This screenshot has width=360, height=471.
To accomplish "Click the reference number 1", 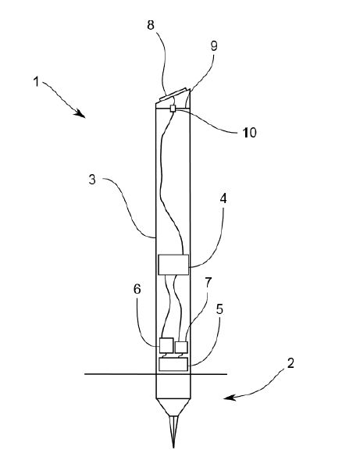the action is point(36,82).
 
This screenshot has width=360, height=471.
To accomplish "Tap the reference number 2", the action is point(290,363).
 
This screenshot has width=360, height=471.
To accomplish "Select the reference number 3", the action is point(92,180).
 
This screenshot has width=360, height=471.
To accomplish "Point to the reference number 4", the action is point(223,198).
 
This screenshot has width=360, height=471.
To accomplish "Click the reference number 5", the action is point(219,309).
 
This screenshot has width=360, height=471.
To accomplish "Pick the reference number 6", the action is point(137,289).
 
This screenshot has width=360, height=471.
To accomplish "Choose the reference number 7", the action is point(208,282).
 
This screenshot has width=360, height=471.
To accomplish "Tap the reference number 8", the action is point(151,25).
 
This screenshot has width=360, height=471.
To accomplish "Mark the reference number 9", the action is point(213,46).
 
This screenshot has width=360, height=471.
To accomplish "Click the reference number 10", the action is point(250,133).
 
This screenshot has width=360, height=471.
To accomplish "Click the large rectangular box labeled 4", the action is point(173,264).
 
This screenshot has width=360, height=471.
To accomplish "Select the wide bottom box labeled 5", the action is point(173,364).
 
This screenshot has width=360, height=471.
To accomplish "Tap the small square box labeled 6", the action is point(166,345).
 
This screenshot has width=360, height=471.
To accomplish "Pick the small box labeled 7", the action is point(181,347).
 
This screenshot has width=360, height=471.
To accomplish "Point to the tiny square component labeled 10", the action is point(173,108).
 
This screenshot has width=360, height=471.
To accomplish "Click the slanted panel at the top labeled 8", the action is point(173,94).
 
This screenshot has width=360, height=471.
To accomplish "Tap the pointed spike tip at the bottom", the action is point(173,448).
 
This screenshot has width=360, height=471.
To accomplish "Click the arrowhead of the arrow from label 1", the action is point(81,114).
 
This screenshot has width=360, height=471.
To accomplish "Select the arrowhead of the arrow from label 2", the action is point(229,398).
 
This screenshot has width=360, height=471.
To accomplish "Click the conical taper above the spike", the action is point(173,407).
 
